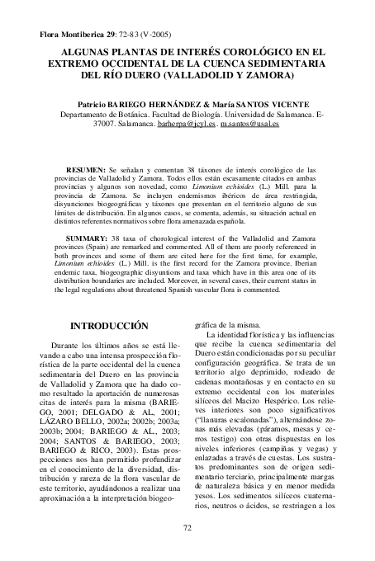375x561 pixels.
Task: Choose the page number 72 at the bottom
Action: tap(187, 550)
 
